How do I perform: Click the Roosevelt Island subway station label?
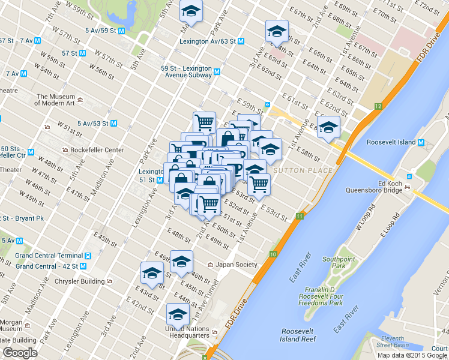pos(392,143)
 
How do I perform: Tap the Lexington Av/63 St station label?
pos(208,41)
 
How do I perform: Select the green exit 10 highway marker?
pos(273,254)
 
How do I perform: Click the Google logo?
pos(20,353)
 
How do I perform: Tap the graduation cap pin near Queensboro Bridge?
pos(328,127)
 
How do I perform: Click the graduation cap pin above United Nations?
pos(178,314)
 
